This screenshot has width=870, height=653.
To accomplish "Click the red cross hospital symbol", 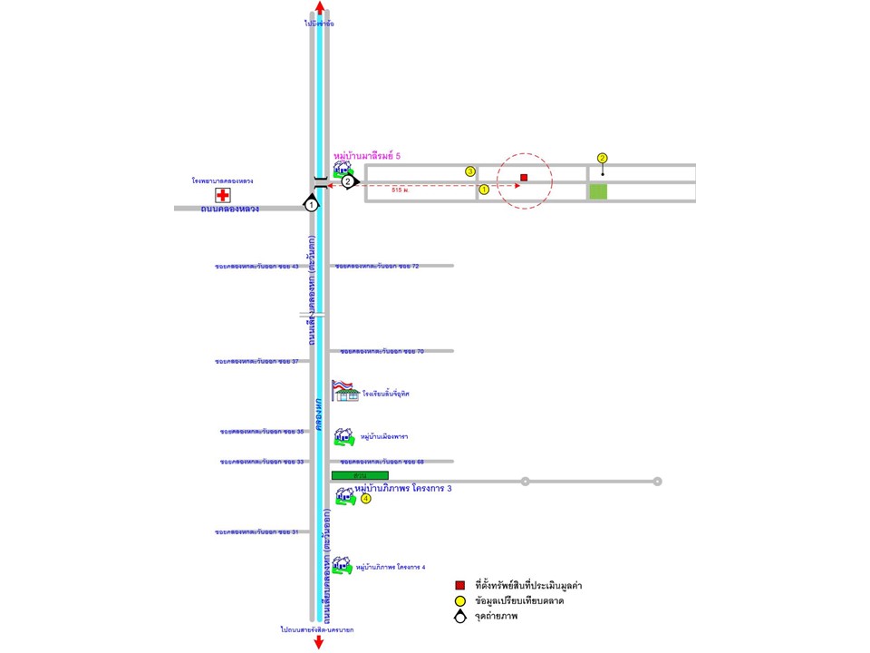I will pyautogui.click(x=222, y=195).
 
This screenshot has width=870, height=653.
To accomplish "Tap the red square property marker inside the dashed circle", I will pyautogui.click(x=524, y=178).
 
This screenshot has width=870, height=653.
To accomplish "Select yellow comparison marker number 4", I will pyautogui.click(x=366, y=499).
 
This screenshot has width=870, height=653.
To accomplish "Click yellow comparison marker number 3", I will pyautogui.click(x=470, y=171).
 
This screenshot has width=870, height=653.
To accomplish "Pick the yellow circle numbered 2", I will pyautogui.click(x=603, y=157).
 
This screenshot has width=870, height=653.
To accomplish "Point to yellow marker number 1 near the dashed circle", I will pyautogui.click(x=484, y=190).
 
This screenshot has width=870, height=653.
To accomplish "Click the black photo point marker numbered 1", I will pyautogui.click(x=312, y=205).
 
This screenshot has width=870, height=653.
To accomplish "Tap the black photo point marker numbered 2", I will pyautogui.click(x=348, y=180).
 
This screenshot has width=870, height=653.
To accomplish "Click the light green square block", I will pyautogui.click(x=598, y=191).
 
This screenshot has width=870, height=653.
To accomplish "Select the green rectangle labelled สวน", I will pyautogui.click(x=360, y=475).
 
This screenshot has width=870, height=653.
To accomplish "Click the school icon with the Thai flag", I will pyautogui.click(x=344, y=391).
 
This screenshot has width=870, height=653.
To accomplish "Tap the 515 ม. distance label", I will pyautogui.click(x=402, y=190).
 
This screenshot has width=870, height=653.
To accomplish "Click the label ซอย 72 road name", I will pyautogui.click(x=377, y=266).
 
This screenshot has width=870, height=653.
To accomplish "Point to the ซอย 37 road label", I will pyautogui.click(x=257, y=361).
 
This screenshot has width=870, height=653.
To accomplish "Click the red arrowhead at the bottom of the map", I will pyautogui.click(x=319, y=643).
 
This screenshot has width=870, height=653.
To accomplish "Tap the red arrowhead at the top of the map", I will pyautogui.click(x=319, y=7).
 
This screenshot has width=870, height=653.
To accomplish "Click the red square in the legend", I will pyautogui.click(x=460, y=585).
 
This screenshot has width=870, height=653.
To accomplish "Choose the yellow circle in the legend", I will pyautogui.click(x=460, y=600).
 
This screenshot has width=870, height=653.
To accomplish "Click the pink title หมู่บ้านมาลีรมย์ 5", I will pyautogui.click(x=367, y=156).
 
